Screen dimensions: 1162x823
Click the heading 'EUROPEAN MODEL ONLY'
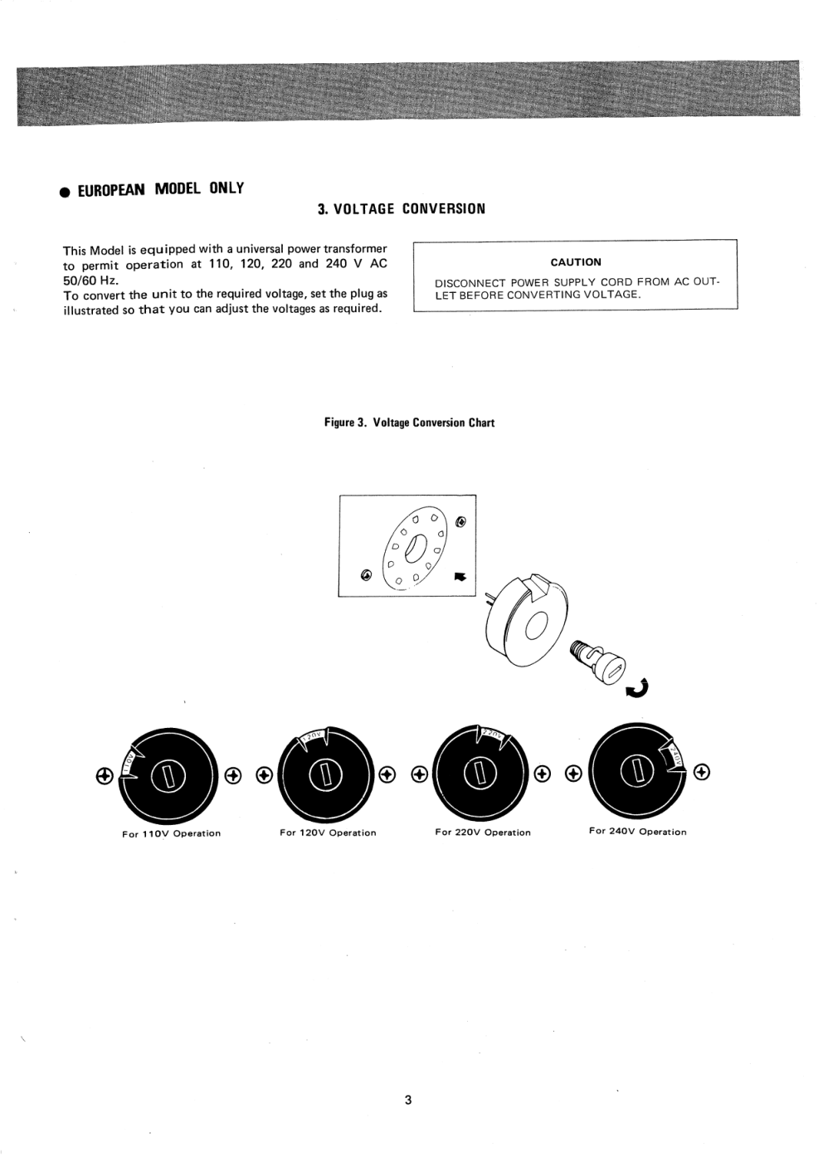point(161,189)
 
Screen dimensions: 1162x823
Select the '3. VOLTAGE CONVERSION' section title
point(402,208)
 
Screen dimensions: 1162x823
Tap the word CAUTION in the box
point(576,262)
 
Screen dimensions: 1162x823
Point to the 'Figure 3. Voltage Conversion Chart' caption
point(409,422)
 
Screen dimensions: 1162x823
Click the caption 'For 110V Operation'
point(172,833)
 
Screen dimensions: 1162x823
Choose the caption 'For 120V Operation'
point(328,832)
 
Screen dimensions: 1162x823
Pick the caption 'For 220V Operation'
point(483,832)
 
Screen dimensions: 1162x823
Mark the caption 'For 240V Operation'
point(638,832)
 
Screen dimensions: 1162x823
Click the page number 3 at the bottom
point(408,1101)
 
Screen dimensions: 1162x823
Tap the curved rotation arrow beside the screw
point(639,687)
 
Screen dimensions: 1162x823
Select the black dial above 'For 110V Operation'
point(168,776)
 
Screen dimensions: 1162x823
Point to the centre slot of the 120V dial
point(325,776)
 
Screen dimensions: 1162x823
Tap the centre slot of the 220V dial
point(481,776)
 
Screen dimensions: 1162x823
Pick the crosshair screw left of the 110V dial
point(105,776)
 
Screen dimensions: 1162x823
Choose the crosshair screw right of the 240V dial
point(702,773)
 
